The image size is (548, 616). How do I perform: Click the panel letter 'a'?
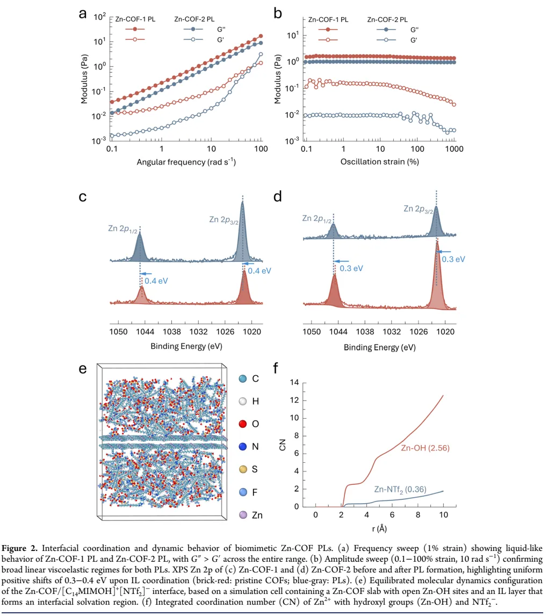pyautogui.click(x=83, y=15)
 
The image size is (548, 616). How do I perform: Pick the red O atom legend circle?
pyautogui.click(x=242, y=424)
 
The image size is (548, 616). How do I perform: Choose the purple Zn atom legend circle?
pyautogui.click(x=242, y=514)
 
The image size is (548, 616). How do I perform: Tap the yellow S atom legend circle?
pyautogui.click(x=242, y=469)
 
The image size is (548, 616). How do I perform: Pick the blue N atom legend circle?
pyautogui.click(x=242, y=447)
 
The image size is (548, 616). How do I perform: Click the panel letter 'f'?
pyautogui.click(x=276, y=369)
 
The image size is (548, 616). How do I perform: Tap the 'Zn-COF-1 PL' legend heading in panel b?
pyautogui.click(x=328, y=19)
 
